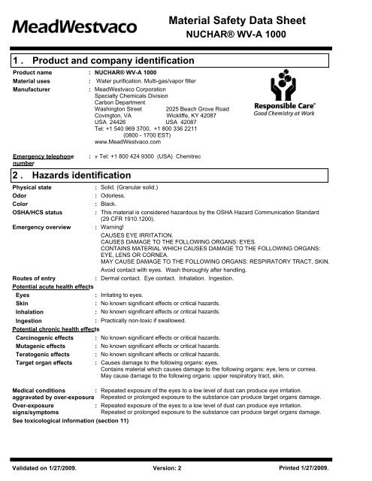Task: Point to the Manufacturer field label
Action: coord(34,89)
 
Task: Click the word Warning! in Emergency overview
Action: coord(113,228)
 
